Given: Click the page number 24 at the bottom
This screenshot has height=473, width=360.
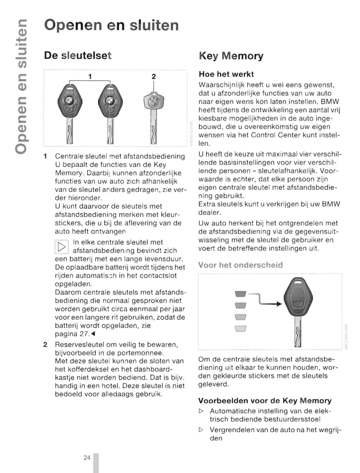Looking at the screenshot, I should pos(87,458).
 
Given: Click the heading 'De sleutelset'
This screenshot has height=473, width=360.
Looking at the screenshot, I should pos(77,55).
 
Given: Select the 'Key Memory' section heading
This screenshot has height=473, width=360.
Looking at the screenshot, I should pos(231,56).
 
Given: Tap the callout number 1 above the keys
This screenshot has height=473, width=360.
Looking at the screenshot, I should pos(90,76).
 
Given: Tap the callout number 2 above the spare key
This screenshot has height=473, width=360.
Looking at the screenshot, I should pos(154,77).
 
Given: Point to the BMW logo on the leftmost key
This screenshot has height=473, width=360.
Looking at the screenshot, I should pos(69,101).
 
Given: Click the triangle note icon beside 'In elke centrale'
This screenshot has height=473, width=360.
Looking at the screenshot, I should pos(61,247).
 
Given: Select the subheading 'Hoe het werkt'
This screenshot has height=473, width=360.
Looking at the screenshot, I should pos(226,74).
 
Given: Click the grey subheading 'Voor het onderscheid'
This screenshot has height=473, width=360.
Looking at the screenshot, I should pos(240,265).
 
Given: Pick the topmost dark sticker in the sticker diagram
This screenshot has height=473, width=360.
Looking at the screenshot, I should pos(240,294).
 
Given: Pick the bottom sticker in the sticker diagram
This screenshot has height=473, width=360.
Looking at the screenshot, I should pos(240,328).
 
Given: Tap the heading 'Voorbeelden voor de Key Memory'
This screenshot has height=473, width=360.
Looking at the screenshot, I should pos(265,401).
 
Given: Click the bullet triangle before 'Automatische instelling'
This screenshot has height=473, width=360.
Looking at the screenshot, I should pos(201,411).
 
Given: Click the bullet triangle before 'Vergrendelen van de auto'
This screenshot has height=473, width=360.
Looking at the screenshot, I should pos(201,430).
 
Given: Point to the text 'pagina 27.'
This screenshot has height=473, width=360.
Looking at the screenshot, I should pos(72,334).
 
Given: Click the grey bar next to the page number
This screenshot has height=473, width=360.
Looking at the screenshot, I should pos(96,463).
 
